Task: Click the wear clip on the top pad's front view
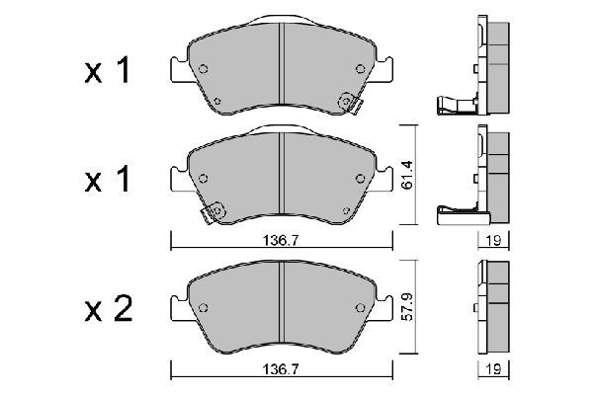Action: (x=348, y=101)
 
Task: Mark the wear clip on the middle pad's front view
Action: (x=212, y=210)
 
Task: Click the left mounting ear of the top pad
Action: (x=177, y=72)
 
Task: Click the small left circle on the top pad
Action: (x=205, y=69)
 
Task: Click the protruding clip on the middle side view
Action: (x=457, y=209)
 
